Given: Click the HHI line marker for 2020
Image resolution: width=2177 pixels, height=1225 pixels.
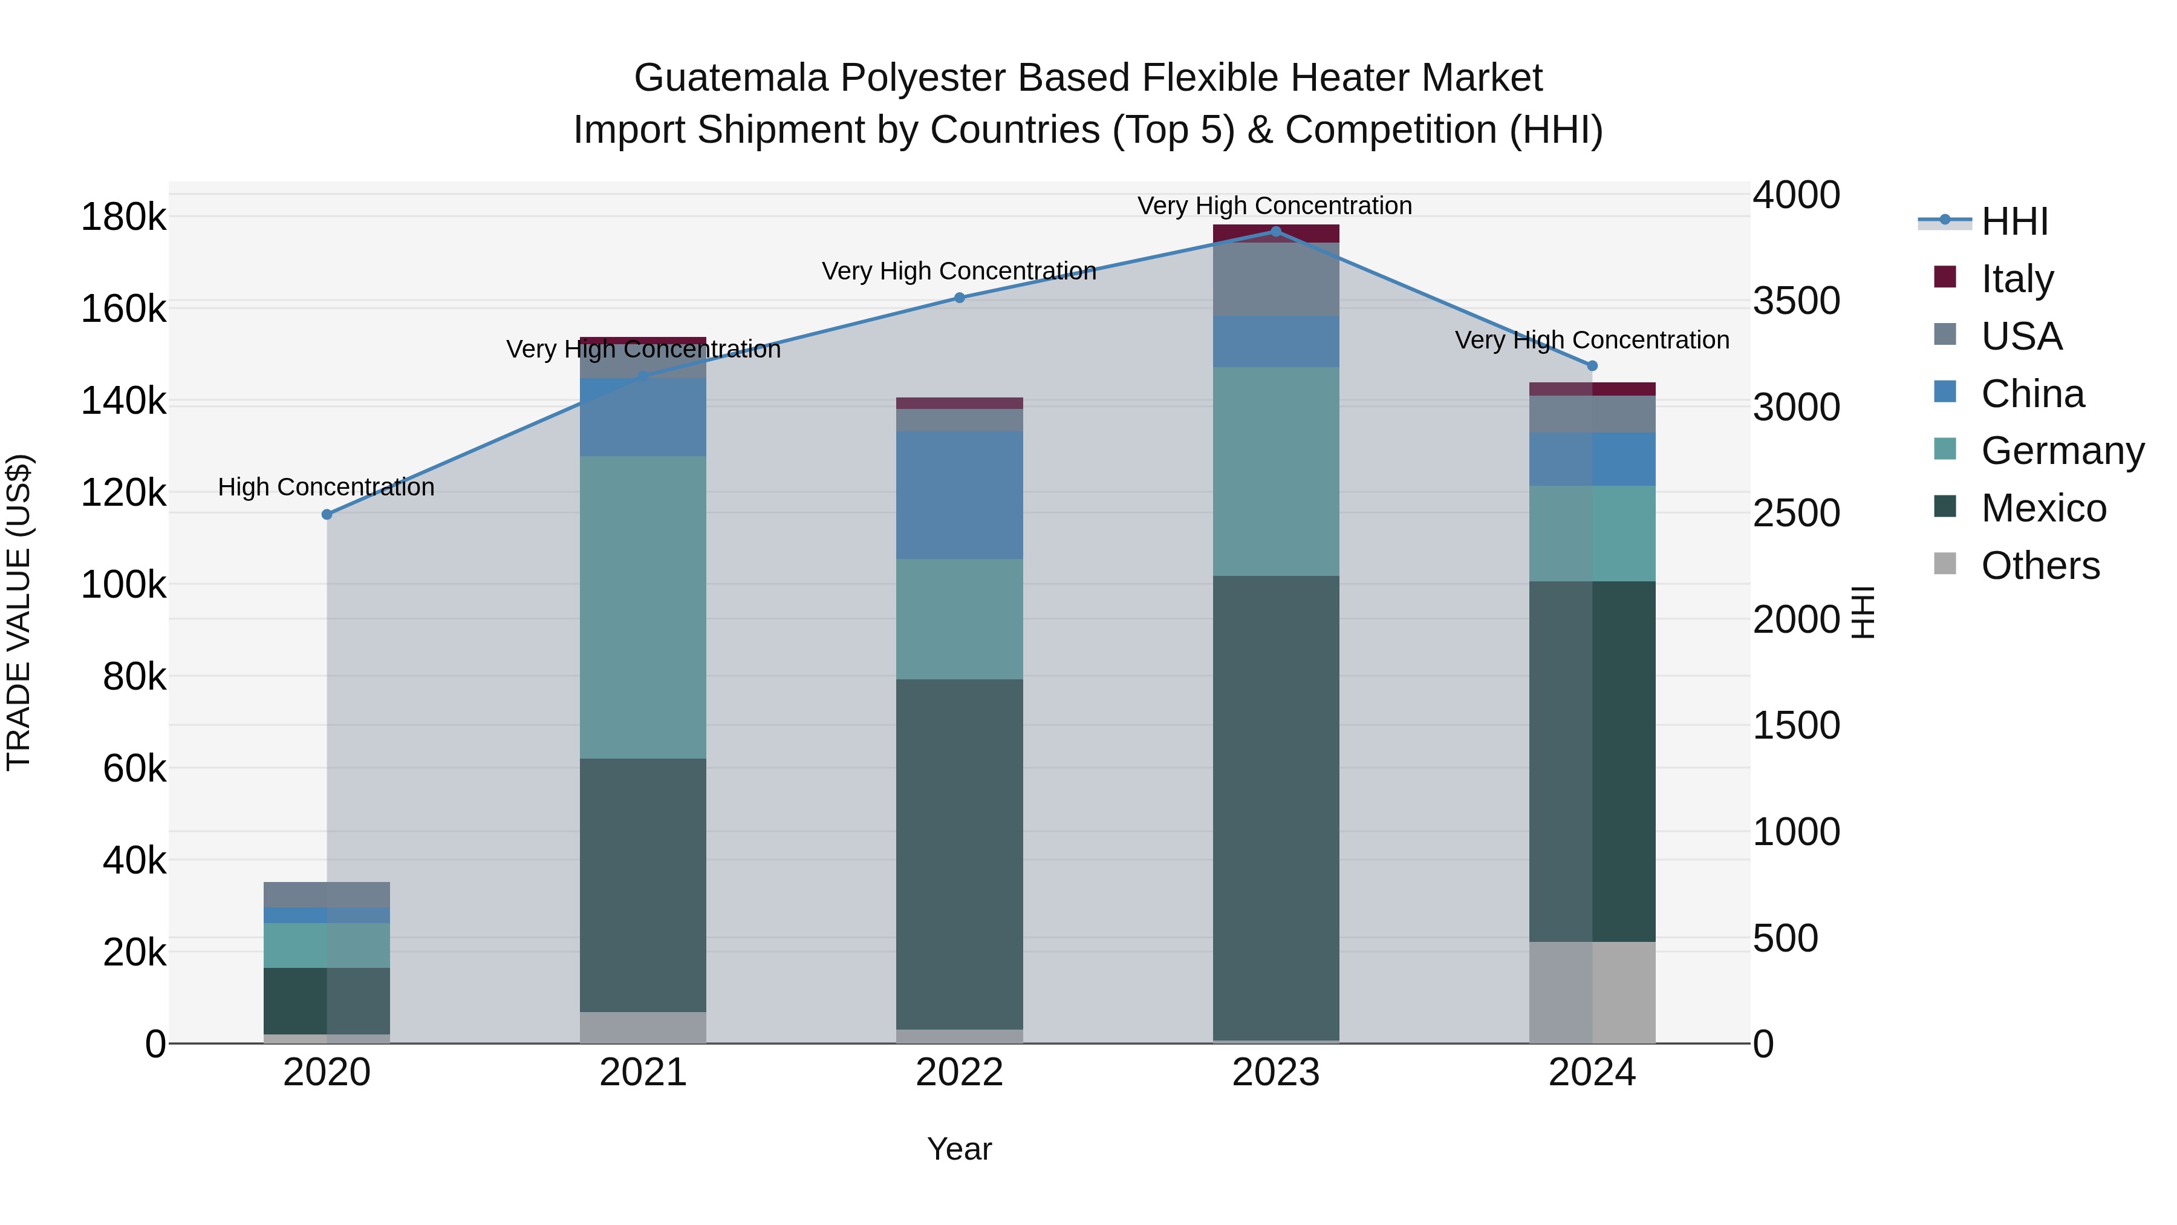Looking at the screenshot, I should click(327, 514).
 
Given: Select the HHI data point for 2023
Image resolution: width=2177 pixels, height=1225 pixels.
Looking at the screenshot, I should click(1276, 232).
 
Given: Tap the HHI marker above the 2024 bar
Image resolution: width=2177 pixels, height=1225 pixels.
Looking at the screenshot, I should click(1592, 366).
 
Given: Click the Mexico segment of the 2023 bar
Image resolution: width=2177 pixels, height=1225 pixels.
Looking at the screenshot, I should click(1276, 808).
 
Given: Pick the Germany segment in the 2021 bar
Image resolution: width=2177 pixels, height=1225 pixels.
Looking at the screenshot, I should click(643, 607).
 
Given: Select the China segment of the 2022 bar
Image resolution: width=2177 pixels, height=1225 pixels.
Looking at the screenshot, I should click(959, 495).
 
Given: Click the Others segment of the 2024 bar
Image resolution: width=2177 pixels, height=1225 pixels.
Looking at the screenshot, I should click(1592, 993).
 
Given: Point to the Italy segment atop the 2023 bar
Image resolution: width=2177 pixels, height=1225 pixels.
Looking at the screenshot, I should click(1276, 234).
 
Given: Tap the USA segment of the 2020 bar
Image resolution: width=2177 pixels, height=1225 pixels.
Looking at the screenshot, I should click(327, 895).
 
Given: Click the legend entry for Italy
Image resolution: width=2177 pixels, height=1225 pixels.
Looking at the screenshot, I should click(2016, 279).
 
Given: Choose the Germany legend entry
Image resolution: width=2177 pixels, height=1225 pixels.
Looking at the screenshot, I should click(2062, 451).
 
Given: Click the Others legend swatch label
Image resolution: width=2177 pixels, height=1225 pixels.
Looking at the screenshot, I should click(2040, 566).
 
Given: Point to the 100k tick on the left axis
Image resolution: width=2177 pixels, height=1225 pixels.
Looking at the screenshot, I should click(123, 584).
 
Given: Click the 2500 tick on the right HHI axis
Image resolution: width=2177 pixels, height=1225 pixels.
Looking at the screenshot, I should click(1796, 513).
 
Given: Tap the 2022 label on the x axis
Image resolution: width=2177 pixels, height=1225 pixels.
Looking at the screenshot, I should click(959, 1073).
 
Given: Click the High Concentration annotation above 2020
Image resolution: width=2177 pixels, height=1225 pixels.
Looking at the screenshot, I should click(326, 487).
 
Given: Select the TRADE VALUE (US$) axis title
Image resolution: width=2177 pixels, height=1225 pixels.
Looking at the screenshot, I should click(19, 612).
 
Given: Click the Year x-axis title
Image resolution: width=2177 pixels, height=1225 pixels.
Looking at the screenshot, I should click(959, 1149).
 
